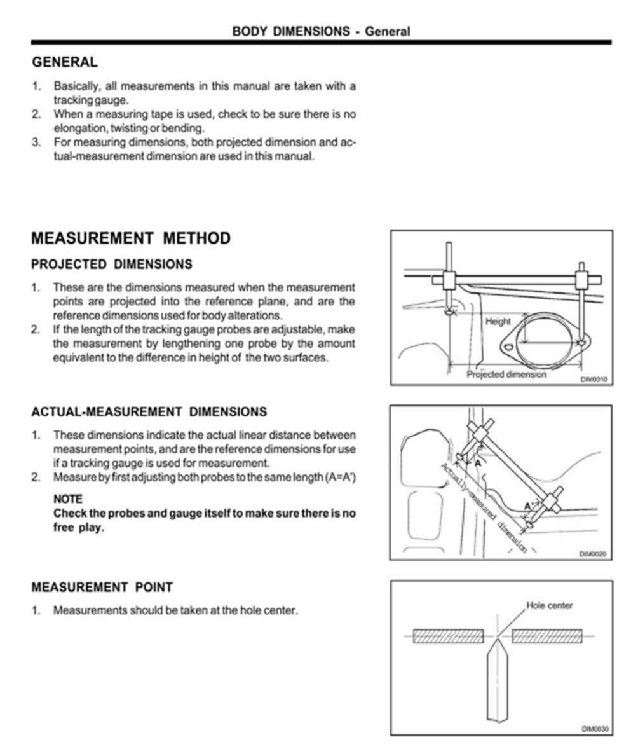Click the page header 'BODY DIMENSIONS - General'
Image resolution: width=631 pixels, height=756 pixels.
(321, 31)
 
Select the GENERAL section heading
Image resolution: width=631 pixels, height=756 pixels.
(65, 62)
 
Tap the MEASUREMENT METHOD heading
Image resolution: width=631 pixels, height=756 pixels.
(131, 238)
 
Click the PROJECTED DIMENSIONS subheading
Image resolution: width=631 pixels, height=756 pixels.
(112, 264)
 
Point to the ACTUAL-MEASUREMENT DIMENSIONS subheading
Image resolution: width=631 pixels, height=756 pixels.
(149, 412)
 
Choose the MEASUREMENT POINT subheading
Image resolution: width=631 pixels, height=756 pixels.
(102, 587)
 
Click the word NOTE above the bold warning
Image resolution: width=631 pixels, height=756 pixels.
(68, 500)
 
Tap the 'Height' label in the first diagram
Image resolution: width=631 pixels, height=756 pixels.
(498, 322)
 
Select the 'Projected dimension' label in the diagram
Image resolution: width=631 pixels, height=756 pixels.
(506, 375)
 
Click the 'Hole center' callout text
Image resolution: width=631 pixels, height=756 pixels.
(549, 605)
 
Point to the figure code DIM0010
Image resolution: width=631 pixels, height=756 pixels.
(594, 380)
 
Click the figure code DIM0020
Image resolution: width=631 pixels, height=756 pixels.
(594, 554)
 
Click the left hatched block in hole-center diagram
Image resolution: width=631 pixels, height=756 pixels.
(448, 636)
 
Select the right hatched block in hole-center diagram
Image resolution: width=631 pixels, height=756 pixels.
(546, 636)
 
